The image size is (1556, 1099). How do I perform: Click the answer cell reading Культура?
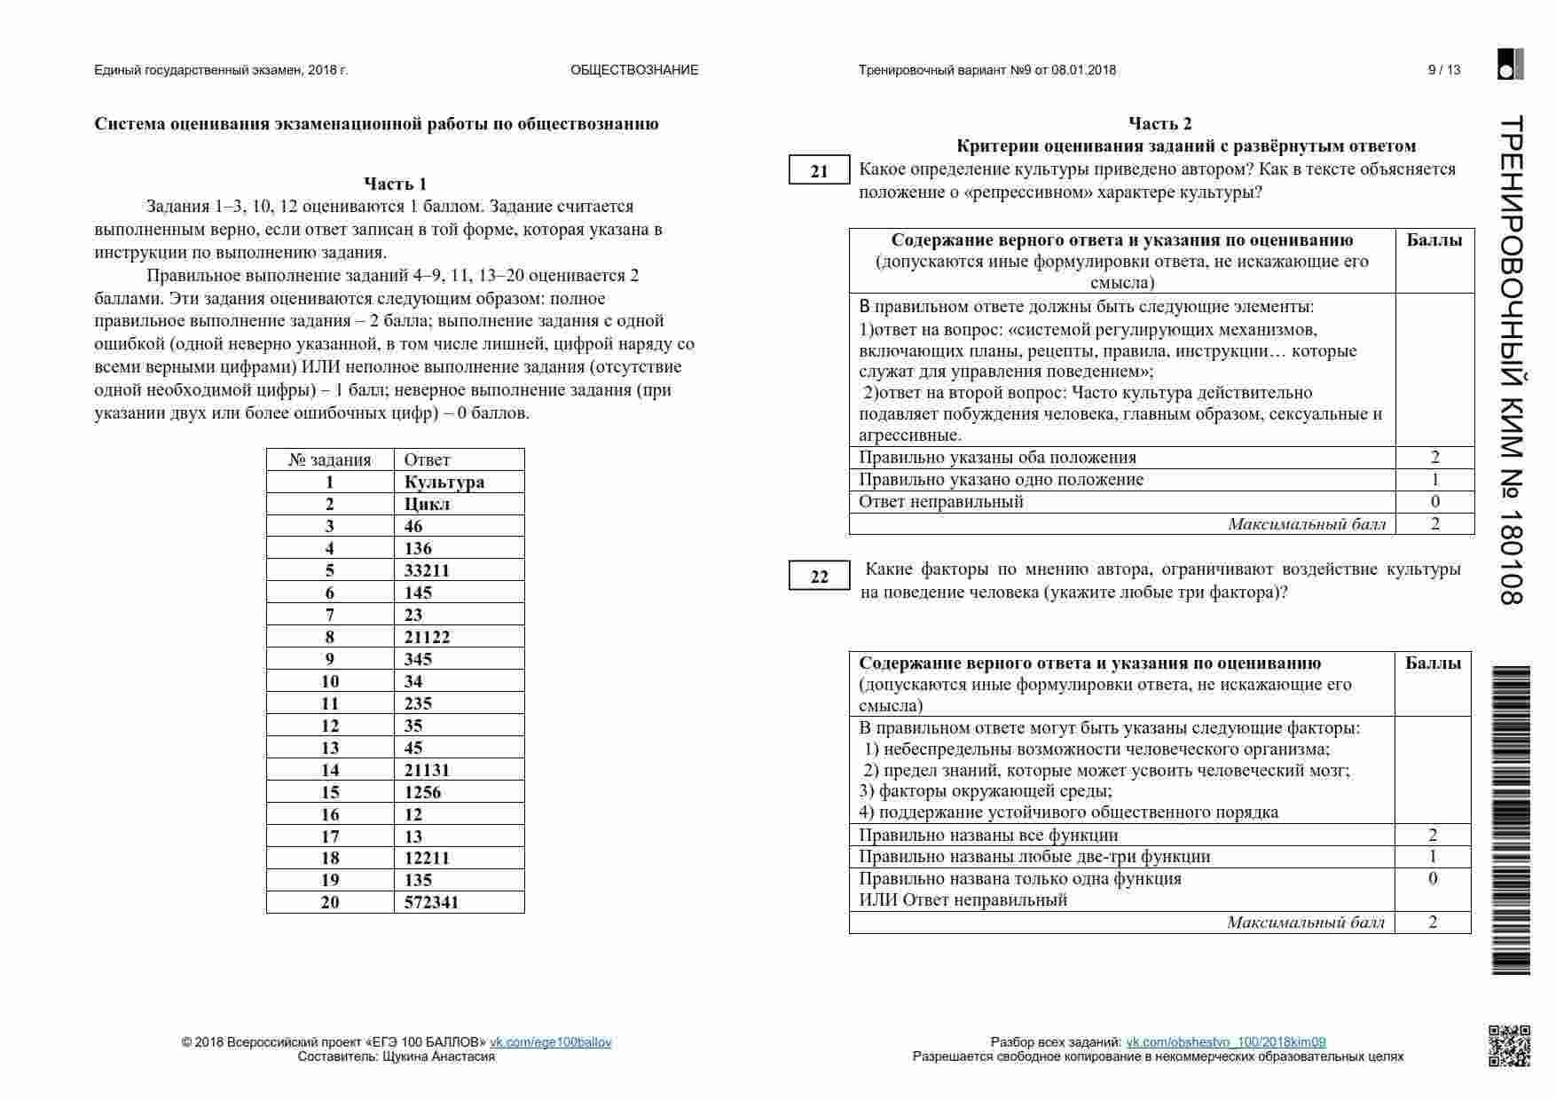pyautogui.click(x=444, y=482)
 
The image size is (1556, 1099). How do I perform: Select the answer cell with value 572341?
pyautogui.click(x=431, y=902)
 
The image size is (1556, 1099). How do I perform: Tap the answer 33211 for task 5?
pyautogui.click(x=427, y=570)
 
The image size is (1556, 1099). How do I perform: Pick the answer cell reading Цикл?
pyautogui.click(x=427, y=504)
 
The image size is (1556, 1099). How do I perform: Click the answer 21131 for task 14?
pyautogui.click(x=427, y=770)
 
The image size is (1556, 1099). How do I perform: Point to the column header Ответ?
pyautogui.click(x=427, y=459)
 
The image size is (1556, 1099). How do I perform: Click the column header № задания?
pyautogui.click(x=330, y=459)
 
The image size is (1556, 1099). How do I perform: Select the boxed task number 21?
pyautogui.click(x=819, y=171)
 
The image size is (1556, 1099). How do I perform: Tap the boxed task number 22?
pyautogui.click(x=819, y=577)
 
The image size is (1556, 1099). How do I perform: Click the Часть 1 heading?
pyautogui.click(x=396, y=184)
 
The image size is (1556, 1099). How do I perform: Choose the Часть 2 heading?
pyautogui.click(x=1160, y=123)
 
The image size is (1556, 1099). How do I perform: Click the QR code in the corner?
pyautogui.click(x=1509, y=1045)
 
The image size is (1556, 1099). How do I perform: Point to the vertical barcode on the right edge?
pyautogui.click(x=1512, y=820)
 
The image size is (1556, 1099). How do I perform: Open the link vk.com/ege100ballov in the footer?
pyautogui.click(x=550, y=1042)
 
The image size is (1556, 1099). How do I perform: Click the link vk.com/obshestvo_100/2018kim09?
pyautogui.click(x=1225, y=1042)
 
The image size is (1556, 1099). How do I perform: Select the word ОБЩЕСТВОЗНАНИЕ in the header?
pyautogui.click(x=634, y=70)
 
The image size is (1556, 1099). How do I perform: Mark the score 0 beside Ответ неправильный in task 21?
pyautogui.click(x=1434, y=501)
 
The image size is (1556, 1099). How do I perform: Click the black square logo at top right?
pyautogui.click(x=1510, y=65)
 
